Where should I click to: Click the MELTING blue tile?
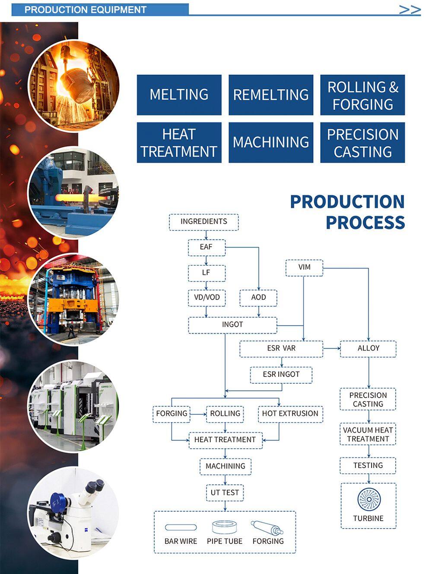tap(179, 95)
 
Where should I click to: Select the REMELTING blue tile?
tap(271, 95)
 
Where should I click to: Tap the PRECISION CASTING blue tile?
tap(362, 143)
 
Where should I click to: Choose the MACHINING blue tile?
tap(271, 143)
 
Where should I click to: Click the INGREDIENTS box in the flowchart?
tap(203, 222)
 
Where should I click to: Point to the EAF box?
tap(206, 247)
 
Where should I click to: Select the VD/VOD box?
tap(206, 297)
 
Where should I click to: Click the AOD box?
tap(258, 297)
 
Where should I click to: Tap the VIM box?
tap(304, 268)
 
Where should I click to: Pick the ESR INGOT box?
tap(281, 374)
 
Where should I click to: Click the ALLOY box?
tap(368, 348)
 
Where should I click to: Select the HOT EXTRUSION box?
tap(290, 414)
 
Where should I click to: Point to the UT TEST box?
tap(225, 493)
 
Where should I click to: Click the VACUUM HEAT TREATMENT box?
tap(368, 434)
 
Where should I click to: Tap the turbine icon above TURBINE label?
tap(368, 499)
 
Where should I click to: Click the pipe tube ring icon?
tap(224, 527)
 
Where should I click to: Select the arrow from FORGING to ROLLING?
tap(198, 414)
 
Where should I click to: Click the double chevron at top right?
tap(410, 10)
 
